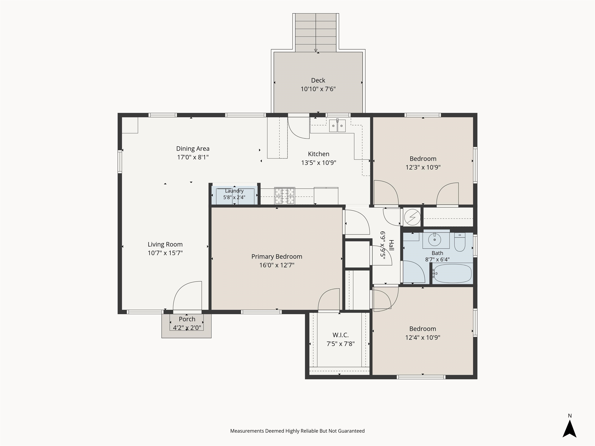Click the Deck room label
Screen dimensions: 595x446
(x=318, y=80)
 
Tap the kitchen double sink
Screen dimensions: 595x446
(x=337, y=126)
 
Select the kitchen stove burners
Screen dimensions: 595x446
(x=285, y=196)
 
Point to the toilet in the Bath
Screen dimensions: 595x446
(x=460, y=242)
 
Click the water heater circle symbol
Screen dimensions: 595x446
(x=412, y=217)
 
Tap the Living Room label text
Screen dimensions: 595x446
(x=165, y=244)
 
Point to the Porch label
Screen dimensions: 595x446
(x=187, y=319)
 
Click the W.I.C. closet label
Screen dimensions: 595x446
(x=340, y=335)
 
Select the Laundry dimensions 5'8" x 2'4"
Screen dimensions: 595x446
(x=234, y=197)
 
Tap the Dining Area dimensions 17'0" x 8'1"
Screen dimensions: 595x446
(x=193, y=157)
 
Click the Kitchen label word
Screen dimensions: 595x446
(x=318, y=154)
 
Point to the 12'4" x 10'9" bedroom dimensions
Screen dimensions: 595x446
(x=423, y=337)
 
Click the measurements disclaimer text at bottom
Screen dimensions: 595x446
(x=297, y=431)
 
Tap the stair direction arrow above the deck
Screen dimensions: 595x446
(x=316, y=50)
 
